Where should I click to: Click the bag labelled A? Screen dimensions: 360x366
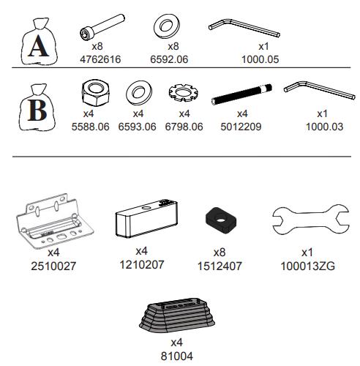point(39,42)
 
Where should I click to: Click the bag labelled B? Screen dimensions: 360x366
point(37,108)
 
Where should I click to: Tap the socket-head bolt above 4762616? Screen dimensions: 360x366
point(102,27)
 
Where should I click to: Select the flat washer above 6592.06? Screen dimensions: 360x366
point(167,26)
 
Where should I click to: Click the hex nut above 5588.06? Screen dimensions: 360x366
point(95,93)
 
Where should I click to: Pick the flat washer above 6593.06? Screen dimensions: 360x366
point(139,94)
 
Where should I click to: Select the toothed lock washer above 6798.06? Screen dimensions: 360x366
point(184,93)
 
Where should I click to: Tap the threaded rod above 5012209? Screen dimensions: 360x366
point(241,94)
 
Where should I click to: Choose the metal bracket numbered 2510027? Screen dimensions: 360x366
point(55,221)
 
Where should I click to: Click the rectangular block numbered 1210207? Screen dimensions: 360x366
point(146,218)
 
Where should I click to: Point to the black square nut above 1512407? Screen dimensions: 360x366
point(220,220)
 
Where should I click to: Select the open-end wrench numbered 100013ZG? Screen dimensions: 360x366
point(310,220)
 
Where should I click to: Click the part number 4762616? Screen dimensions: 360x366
point(100,59)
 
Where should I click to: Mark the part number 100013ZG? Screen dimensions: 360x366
point(308,266)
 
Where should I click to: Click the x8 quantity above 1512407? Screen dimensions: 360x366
point(220,253)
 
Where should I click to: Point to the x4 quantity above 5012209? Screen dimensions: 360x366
point(242,113)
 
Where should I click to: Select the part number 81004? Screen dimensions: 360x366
point(177,356)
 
